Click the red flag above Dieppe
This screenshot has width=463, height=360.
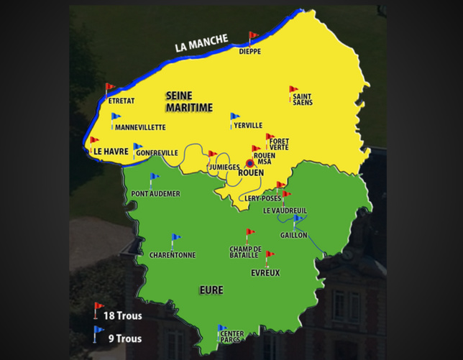click(x=252, y=37)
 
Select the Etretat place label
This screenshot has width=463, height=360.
click(x=122, y=101)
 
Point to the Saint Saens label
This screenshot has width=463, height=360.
click(x=302, y=99)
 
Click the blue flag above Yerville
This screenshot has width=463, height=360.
click(x=234, y=118)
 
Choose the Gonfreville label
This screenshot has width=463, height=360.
click(x=156, y=153)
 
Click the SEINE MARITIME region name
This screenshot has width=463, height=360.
click(x=189, y=101)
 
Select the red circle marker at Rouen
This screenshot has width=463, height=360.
click(x=250, y=164)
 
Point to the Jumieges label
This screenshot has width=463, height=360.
click(x=223, y=167)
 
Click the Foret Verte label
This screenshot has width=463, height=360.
click(x=279, y=144)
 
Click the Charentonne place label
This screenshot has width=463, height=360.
click(x=173, y=254)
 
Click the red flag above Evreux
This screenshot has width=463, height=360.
click(x=269, y=256)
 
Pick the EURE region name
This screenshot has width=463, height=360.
click(x=211, y=290)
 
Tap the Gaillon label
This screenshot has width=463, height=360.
click(x=294, y=235)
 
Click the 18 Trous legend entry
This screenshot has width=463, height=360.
click(x=122, y=315)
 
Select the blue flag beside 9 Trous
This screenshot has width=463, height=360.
click(x=98, y=332)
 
